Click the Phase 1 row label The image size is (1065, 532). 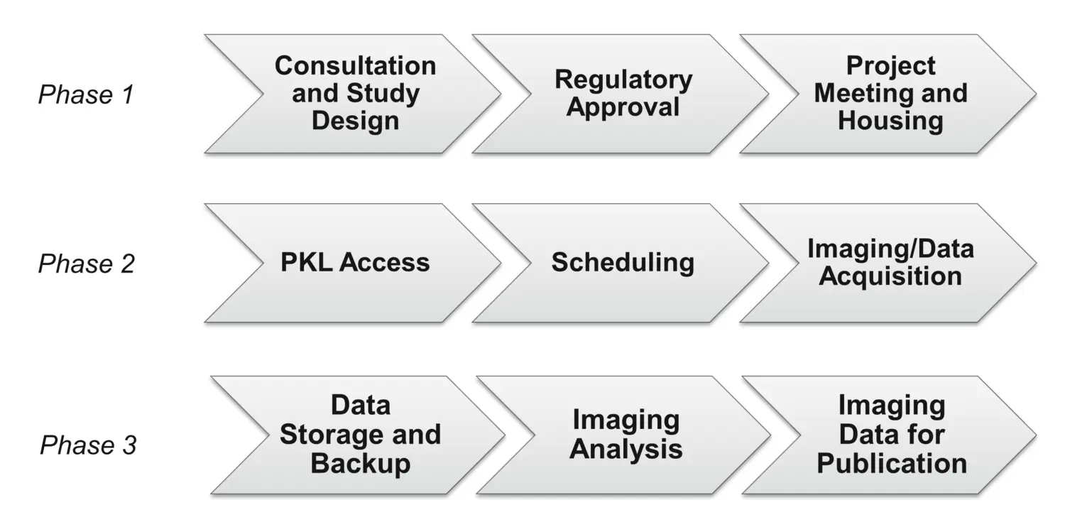[86, 94]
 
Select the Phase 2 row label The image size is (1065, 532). [86, 264]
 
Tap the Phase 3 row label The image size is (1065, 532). [88, 445]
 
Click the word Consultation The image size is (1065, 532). [355, 66]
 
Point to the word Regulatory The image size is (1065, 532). [623, 80]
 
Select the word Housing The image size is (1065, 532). [890, 121]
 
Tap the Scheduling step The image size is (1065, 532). [623, 263]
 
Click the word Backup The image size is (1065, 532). [361, 464]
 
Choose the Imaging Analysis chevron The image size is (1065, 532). [626, 435]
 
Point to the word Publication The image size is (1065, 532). [892, 464]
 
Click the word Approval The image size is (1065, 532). [623, 107]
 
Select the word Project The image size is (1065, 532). [890, 66]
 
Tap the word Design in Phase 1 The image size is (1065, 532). [355, 121]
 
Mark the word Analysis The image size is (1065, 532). [626, 450]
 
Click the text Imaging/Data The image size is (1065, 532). [890, 249]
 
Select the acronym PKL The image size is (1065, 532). [307, 263]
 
